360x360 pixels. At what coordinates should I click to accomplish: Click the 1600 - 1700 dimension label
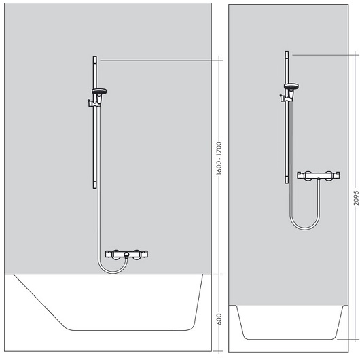(x=219, y=158)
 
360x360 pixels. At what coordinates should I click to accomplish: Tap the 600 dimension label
(x=219, y=319)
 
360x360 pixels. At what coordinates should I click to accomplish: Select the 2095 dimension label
(x=356, y=198)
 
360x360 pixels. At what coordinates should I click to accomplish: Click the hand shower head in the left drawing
(x=99, y=91)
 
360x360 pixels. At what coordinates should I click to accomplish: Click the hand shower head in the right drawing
(x=291, y=86)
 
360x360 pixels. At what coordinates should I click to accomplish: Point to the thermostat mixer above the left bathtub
(x=126, y=255)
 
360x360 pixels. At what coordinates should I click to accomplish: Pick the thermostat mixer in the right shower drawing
(x=319, y=175)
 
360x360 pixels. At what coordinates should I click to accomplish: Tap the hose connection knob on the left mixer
(x=126, y=255)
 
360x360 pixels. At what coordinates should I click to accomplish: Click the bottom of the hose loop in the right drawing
(x=305, y=228)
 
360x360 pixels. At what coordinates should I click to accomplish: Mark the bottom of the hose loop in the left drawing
(x=113, y=273)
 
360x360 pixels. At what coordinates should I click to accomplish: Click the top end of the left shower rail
(x=95, y=56)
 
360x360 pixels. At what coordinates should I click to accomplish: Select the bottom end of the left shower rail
(x=95, y=188)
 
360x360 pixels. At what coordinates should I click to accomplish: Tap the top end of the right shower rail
(x=287, y=52)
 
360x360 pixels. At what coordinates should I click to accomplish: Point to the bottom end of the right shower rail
(x=287, y=183)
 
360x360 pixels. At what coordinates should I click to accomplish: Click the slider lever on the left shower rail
(x=90, y=103)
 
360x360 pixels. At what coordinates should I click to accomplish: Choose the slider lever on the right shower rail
(x=282, y=98)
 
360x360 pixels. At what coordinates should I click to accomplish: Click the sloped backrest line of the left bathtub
(x=39, y=301)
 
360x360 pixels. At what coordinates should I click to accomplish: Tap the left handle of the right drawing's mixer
(x=301, y=175)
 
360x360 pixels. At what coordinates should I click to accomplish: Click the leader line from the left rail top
(x=162, y=60)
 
